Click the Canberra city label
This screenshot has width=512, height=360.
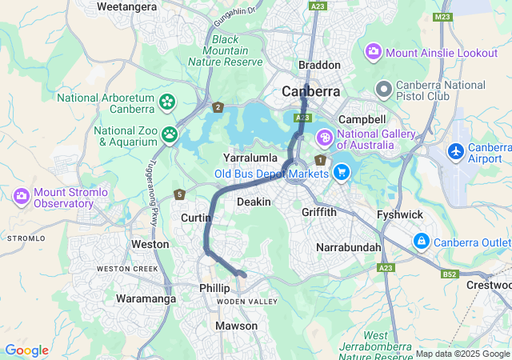pos(311,91)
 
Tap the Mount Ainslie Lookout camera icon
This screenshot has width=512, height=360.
pos(373,52)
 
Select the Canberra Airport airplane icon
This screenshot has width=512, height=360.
pos(456,150)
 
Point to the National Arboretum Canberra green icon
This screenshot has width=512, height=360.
pos(166,102)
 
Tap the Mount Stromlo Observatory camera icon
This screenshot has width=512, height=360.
pos(22,195)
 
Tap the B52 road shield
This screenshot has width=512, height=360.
pos(450,274)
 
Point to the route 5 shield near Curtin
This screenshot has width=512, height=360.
pos(180,194)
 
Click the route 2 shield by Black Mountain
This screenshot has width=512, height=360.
pos(218,106)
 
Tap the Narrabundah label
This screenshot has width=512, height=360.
pos(349,247)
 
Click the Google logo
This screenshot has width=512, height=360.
pos(26,350)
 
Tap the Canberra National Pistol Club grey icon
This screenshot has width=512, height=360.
pos(384,87)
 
